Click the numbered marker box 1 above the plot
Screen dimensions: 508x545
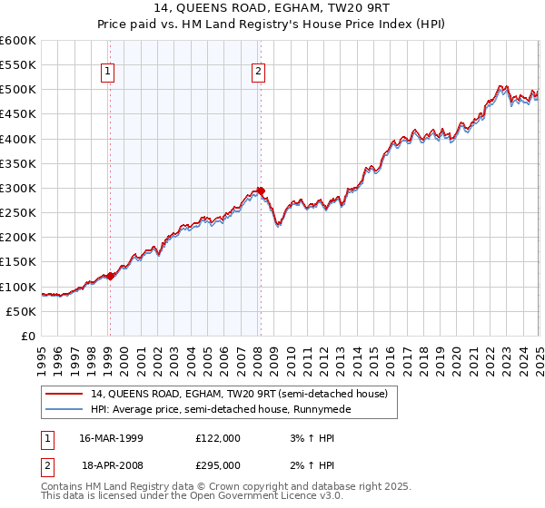108,72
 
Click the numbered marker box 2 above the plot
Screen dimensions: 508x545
259,72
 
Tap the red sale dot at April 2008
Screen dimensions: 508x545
261,191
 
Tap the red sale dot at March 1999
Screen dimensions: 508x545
110,276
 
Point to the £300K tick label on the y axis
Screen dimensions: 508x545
18,188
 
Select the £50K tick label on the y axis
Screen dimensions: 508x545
22,311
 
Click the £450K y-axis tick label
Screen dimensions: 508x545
18,114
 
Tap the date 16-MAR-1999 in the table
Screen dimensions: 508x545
112,438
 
